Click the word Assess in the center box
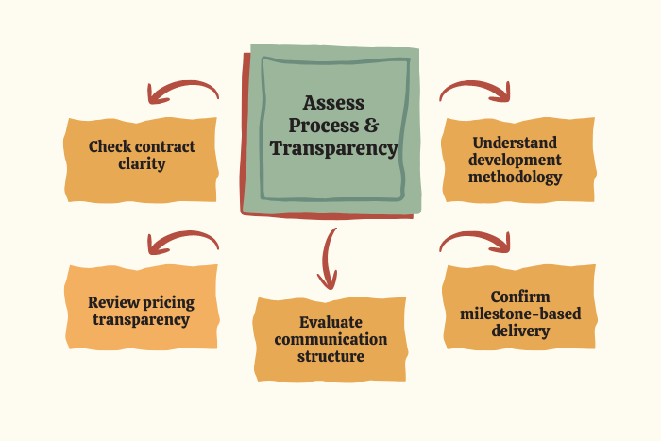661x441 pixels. click(x=334, y=103)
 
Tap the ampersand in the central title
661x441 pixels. click(x=375, y=126)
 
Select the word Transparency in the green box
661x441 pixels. click(x=334, y=148)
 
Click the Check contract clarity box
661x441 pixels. click(x=142, y=155)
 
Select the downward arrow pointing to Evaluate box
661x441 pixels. click(x=329, y=257)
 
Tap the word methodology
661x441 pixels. click(x=518, y=177)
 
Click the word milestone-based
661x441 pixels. click(x=520, y=314)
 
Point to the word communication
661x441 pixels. click(x=330, y=339)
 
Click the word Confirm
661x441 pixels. click(x=520, y=297)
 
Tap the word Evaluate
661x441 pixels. click(x=330, y=322)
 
